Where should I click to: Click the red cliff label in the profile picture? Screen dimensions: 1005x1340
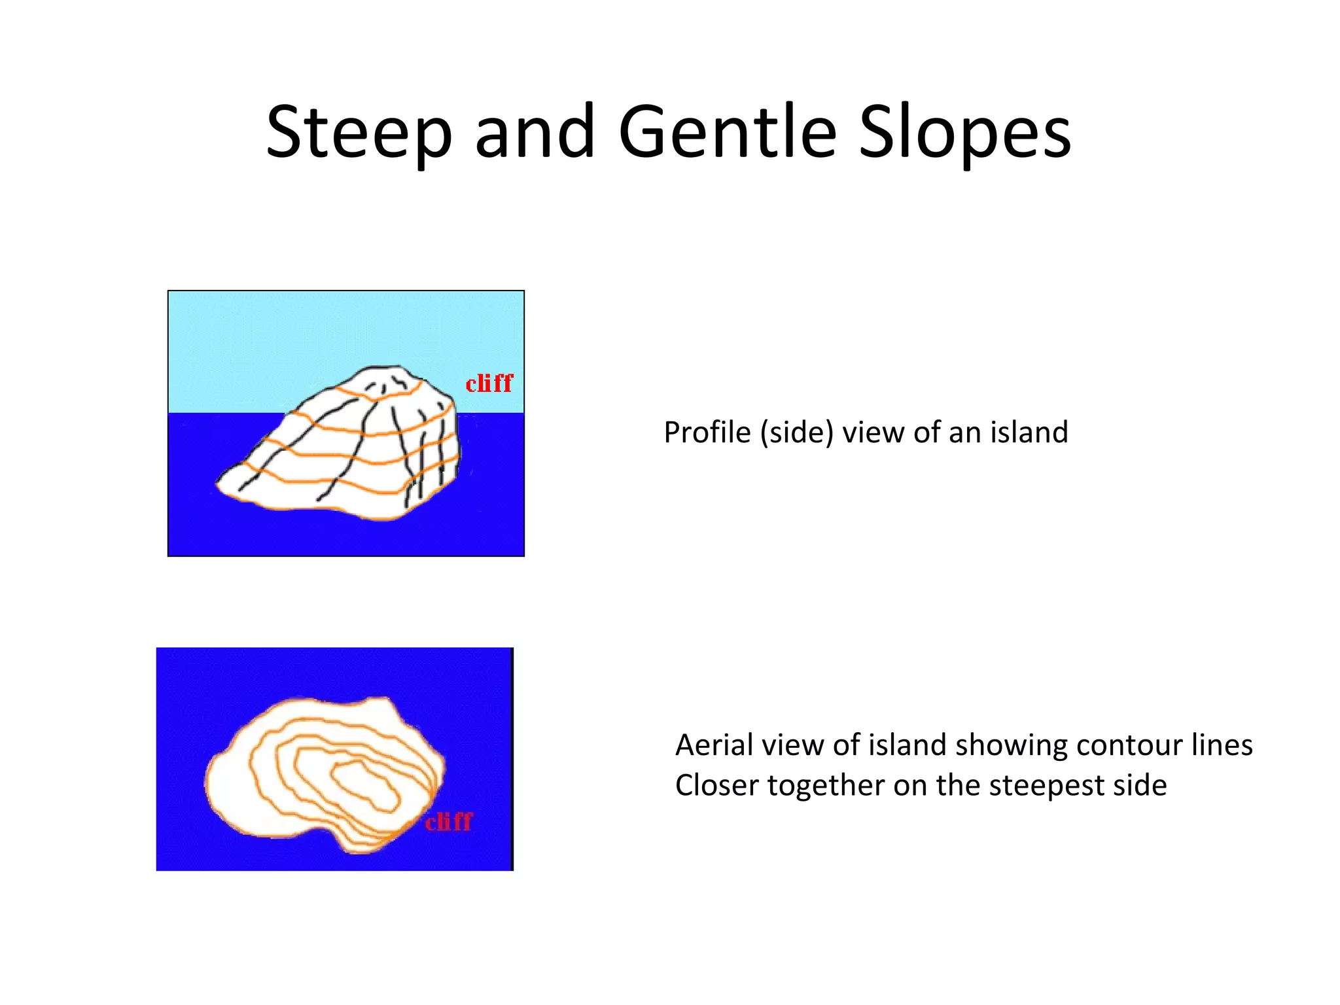(x=489, y=383)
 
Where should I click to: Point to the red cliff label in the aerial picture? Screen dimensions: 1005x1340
(x=448, y=822)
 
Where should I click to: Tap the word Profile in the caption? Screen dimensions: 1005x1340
(x=707, y=432)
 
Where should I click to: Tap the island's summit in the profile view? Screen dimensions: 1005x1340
(x=386, y=370)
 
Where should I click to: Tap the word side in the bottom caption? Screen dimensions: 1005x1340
(x=1140, y=785)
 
